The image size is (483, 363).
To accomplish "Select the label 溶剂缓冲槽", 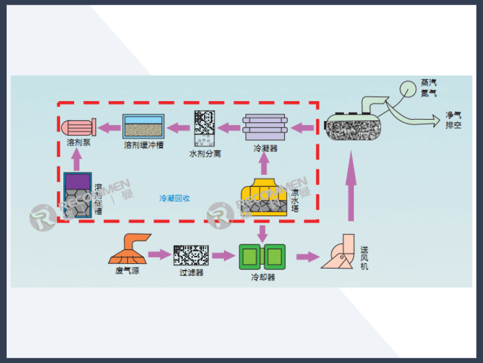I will click(x=143, y=145).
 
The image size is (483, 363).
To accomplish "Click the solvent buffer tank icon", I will click(x=143, y=126).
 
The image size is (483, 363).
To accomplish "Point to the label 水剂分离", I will click(x=205, y=154).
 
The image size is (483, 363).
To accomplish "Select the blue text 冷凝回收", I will click(x=174, y=198).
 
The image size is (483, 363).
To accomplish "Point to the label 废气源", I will click(x=127, y=270).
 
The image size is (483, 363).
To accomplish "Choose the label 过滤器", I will click(x=191, y=272).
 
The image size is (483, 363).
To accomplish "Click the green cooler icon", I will click(x=262, y=257).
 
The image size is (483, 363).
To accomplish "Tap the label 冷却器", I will click(x=263, y=277).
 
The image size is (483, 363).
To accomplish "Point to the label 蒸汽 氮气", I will click(x=429, y=88).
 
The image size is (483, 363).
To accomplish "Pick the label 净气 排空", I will click(x=453, y=120).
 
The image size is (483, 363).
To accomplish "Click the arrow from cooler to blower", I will click(x=307, y=257).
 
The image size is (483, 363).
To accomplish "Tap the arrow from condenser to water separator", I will click(x=229, y=127).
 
